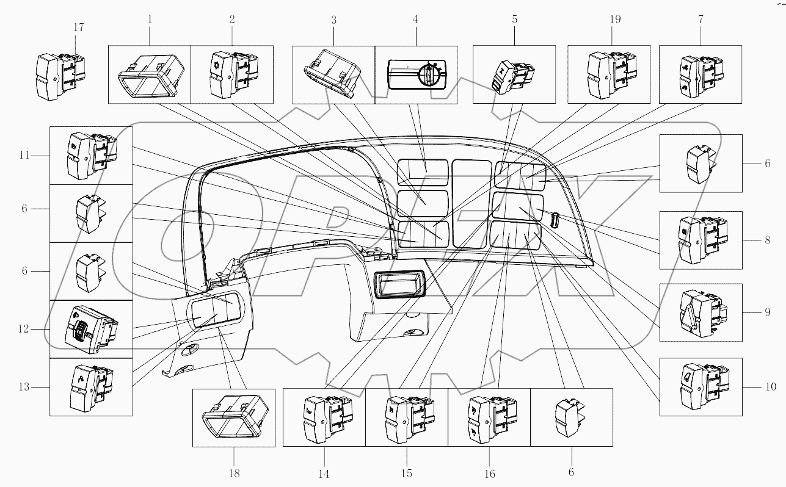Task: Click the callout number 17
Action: [x=78, y=27]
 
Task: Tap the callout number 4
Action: [x=415, y=20]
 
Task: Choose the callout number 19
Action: [x=614, y=20]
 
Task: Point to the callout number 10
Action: [x=770, y=387]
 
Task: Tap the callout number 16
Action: [x=489, y=474]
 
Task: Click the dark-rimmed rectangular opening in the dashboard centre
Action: [x=398, y=286]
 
